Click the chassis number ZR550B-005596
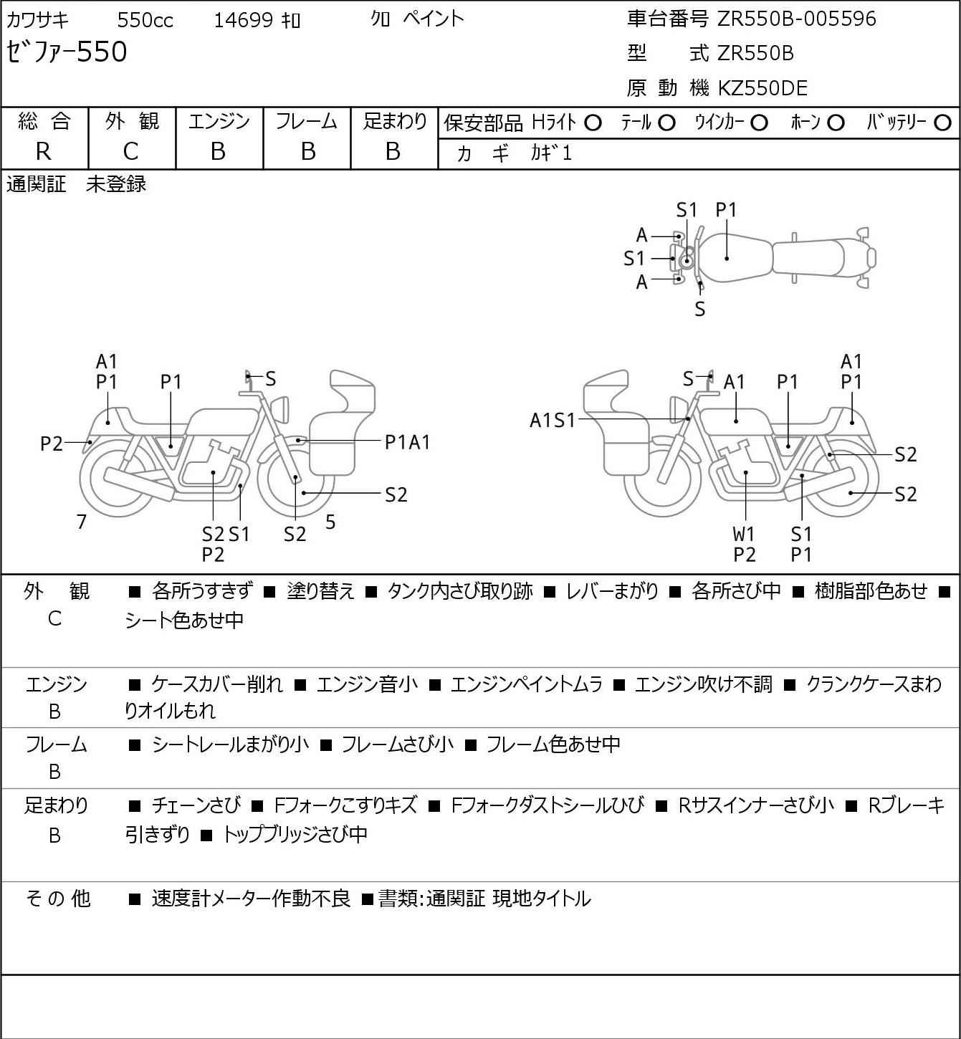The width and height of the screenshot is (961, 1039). click(x=796, y=19)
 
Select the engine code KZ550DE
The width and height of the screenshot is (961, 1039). click(x=762, y=88)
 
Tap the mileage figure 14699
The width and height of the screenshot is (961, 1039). click(x=244, y=20)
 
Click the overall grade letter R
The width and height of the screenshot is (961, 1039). click(x=44, y=152)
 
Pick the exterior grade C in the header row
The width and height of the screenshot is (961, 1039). click(x=131, y=152)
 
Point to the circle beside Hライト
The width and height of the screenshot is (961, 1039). click(x=593, y=123)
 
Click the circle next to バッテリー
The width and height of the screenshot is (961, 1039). click(x=942, y=123)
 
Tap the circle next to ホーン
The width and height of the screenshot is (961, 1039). click(x=836, y=123)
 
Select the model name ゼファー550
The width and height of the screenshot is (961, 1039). click(x=67, y=52)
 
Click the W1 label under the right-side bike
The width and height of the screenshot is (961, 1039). click(x=744, y=534)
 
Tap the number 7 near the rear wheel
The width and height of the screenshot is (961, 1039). click(x=81, y=522)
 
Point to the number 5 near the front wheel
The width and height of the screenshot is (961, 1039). click(x=330, y=522)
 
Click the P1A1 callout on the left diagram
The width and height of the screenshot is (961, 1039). click(x=407, y=443)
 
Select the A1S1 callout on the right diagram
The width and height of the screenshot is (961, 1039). click(x=553, y=420)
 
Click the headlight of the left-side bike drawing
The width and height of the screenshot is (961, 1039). click(x=280, y=410)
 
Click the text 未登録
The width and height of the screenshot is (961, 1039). click(x=116, y=184)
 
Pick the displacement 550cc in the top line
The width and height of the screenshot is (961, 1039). click(x=145, y=20)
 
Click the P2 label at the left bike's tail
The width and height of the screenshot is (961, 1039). click(x=52, y=444)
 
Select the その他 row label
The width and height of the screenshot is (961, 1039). click(x=58, y=899)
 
